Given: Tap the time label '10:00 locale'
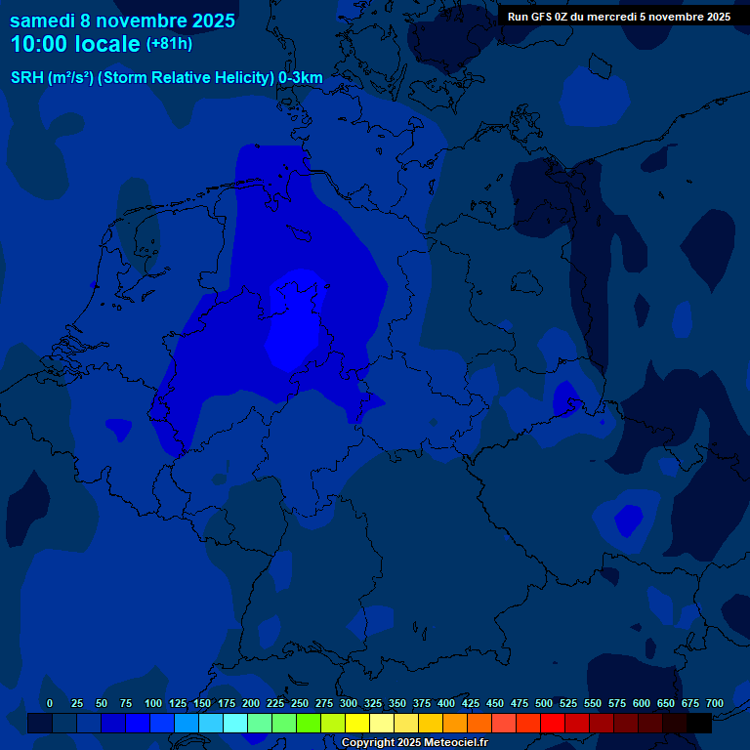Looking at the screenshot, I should point(75,44).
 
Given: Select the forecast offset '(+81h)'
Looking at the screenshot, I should point(169,44).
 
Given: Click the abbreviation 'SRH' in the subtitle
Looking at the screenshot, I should point(26,78).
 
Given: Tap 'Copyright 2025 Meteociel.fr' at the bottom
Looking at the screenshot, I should point(414,743).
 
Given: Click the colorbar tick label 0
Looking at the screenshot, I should point(50,703).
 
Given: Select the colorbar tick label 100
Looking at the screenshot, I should point(153,703).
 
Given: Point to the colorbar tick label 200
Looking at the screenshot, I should point(251,703).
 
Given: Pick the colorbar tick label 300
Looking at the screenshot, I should point(349,703).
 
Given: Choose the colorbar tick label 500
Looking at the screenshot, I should point(544,703).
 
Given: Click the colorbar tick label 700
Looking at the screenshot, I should point(715,703).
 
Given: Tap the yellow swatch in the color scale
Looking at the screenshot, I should point(357,724).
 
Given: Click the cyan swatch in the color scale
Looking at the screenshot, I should point(235,724).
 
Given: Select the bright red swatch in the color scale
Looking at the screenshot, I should point(553,724).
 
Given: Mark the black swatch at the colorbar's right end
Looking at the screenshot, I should point(699,724).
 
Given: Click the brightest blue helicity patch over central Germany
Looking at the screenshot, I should point(293,332).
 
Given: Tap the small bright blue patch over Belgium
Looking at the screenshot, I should point(118,428).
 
